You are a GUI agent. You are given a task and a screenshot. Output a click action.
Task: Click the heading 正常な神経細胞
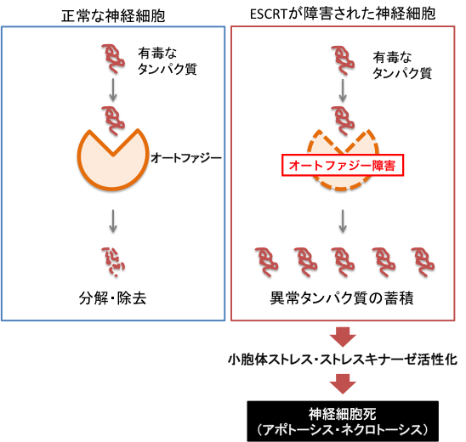coord(113,15)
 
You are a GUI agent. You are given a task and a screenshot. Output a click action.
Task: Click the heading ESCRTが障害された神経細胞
coord(343,14)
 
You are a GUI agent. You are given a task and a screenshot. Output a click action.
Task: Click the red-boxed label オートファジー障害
coord(343,165)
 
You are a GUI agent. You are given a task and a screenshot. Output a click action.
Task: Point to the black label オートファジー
coord(186,158)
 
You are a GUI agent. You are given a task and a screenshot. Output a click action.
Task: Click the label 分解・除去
coord(112,298)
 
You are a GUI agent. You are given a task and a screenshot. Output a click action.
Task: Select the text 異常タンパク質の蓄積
coord(342,298)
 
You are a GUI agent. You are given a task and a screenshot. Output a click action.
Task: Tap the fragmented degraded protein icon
coord(113,262)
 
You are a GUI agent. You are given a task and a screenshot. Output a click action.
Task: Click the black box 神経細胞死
coord(343,422)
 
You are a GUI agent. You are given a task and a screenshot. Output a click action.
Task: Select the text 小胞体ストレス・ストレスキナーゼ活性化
coord(343,360)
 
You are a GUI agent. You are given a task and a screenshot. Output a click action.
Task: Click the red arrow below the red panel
coord(343,337)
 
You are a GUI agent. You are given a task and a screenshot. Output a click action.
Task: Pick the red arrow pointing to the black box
coord(343,384)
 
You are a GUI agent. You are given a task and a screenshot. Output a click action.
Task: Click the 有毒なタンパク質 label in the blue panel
coord(167,61)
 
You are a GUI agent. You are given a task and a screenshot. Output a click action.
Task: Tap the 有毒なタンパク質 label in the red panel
coord(402,65)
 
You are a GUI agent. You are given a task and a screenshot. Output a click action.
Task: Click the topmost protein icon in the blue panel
coord(113,59)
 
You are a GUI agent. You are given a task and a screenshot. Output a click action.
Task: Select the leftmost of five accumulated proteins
coord(266,262)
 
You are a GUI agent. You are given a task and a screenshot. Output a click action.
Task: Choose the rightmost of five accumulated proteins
coord(423,262)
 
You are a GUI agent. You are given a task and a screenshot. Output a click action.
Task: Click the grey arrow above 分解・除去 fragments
coord(113,221)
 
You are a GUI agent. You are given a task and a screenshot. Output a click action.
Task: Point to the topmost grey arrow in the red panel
coord(343,90)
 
